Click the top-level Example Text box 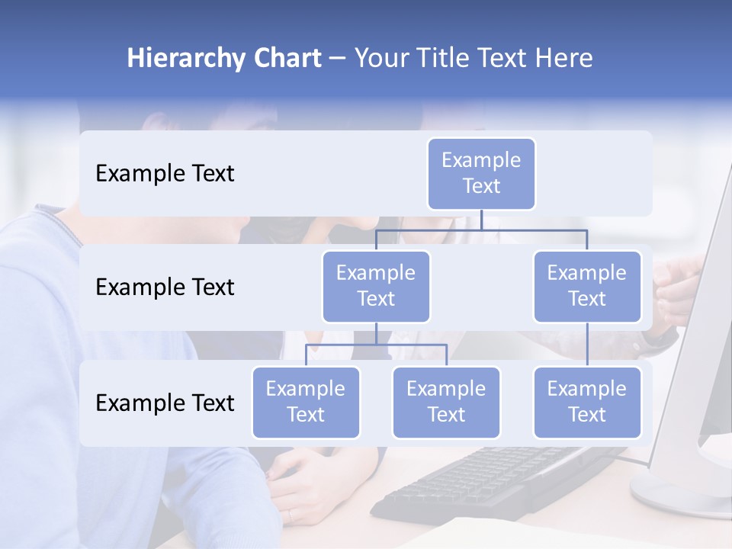(x=481, y=173)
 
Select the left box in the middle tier (x=376, y=286)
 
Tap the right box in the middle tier (x=587, y=286)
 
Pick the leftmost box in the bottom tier (x=306, y=402)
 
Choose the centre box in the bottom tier (x=446, y=402)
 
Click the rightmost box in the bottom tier (x=587, y=402)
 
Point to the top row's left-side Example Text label (x=165, y=174)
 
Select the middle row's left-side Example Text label (x=165, y=287)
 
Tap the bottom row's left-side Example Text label (x=165, y=403)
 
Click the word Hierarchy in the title (x=185, y=59)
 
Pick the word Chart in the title (x=286, y=59)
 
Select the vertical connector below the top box (x=481, y=220)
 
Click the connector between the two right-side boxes (x=587, y=345)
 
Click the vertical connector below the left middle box (x=376, y=333)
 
